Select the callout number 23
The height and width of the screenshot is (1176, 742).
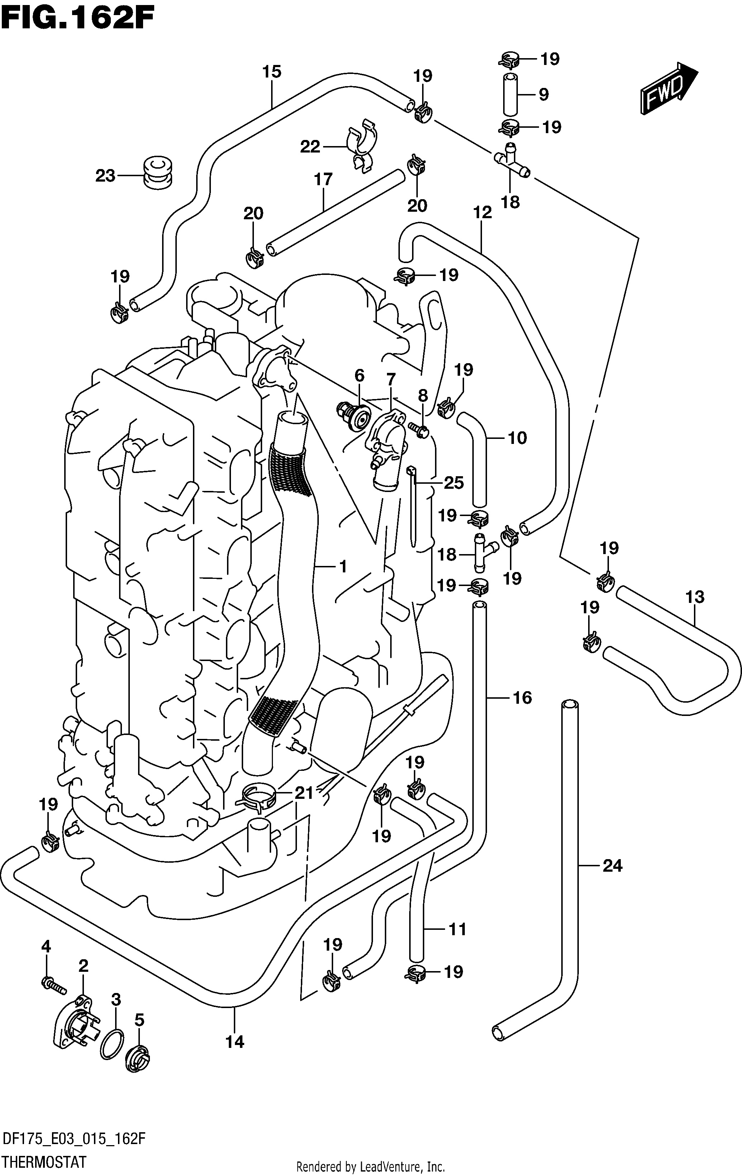pos(105,176)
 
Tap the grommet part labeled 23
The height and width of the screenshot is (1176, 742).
pos(157,173)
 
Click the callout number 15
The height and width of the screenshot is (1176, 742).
pos(272,72)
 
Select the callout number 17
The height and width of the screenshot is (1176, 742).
pos(323,180)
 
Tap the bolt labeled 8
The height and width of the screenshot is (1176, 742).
pos(419,429)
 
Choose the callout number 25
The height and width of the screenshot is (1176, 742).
pos(454,483)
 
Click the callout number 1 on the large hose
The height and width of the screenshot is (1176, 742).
pos(343,567)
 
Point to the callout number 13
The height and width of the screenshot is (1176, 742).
pos(695,597)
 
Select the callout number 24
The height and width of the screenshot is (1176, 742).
pos(613,866)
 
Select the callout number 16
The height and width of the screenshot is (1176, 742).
pos(522,698)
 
